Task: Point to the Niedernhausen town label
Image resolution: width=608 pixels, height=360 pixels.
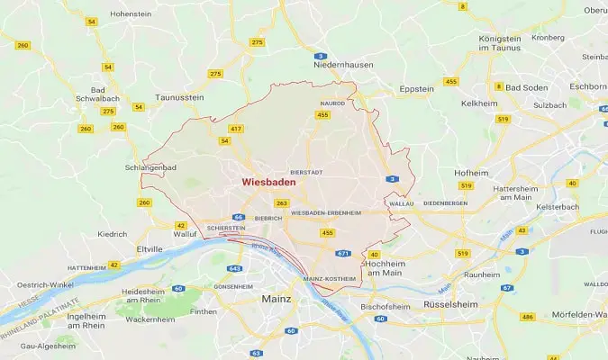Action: click(342, 66)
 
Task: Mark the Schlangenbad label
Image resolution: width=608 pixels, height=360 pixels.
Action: click(148, 167)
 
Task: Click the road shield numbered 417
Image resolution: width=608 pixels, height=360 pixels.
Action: click(236, 130)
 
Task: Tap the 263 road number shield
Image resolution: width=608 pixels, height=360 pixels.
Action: click(282, 203)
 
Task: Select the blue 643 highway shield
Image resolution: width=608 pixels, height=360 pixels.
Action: click(235, 268)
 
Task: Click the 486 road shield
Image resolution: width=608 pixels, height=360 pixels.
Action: click(527, 318)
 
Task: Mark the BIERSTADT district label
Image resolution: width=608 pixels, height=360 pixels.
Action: click(305, 170)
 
